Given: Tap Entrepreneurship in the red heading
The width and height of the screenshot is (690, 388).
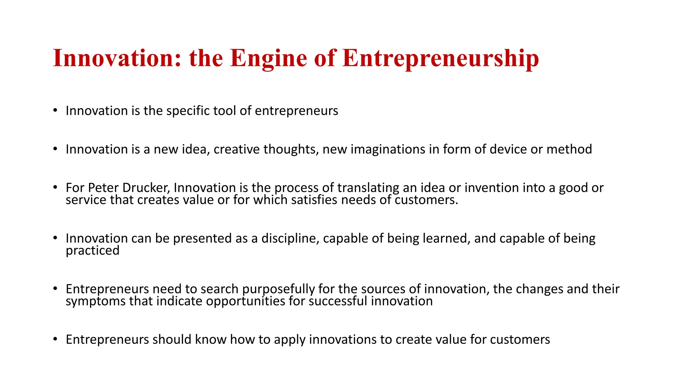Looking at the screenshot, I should pos(440,58).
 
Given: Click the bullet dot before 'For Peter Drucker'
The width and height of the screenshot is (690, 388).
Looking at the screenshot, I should pos(55,187).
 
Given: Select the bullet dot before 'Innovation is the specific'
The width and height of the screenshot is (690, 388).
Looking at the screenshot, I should pos(55,110).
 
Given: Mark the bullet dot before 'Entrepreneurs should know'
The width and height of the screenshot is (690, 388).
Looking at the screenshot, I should pos(55,339).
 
